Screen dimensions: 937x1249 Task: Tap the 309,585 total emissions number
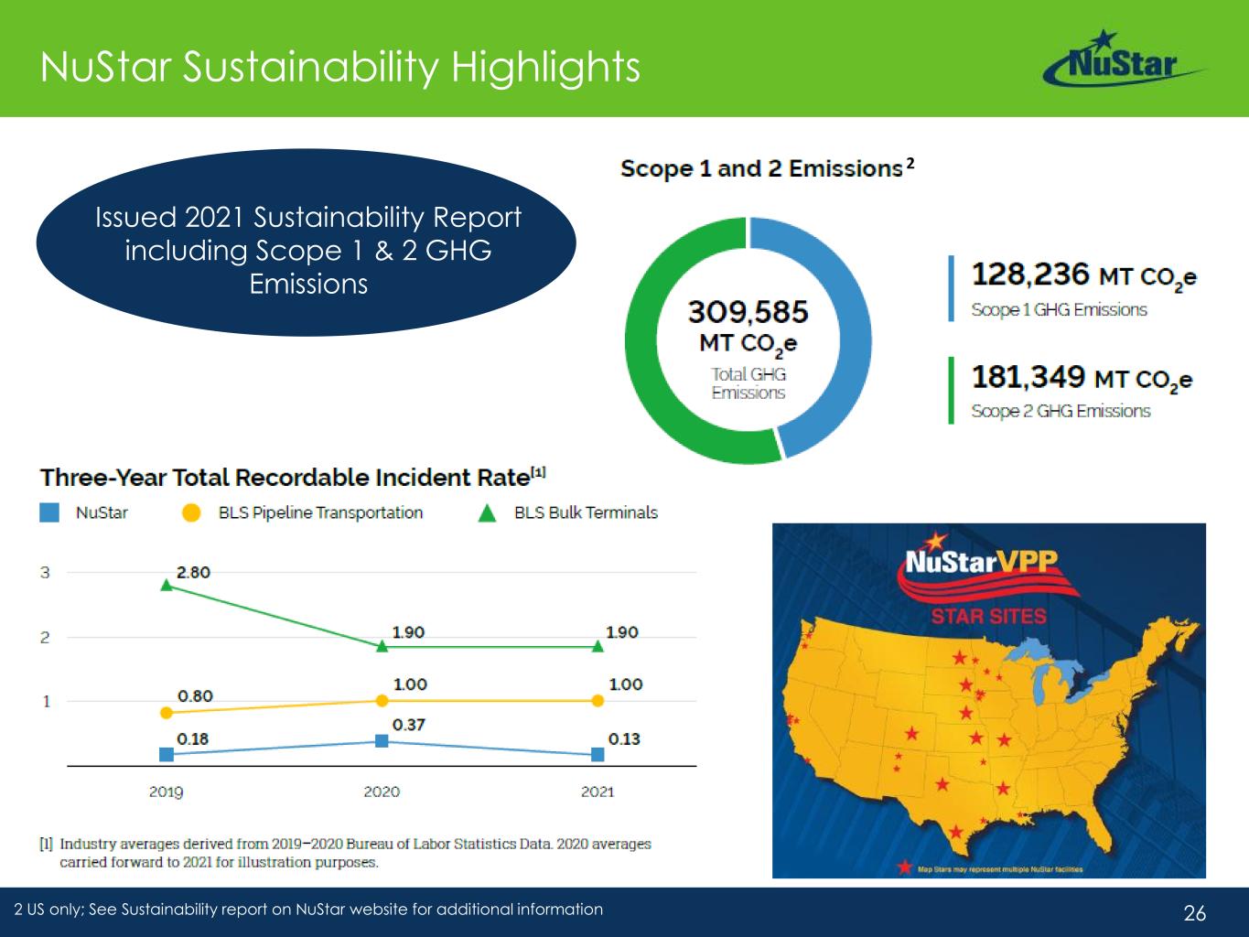748,313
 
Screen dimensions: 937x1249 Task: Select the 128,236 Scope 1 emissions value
1030,275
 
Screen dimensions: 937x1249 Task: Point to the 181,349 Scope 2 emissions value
1028,377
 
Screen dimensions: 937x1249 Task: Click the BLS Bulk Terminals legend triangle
488,513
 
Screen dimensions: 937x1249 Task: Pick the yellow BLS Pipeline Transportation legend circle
191,513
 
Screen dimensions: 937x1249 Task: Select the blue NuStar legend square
49,512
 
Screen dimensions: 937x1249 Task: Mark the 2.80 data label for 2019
193,573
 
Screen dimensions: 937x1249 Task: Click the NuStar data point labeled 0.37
382,740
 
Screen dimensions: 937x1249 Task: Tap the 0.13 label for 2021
624,739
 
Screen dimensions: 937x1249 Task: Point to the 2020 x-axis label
382,792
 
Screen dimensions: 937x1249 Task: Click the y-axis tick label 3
45,573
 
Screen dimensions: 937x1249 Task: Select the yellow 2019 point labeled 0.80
167,712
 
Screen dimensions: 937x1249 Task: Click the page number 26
1195,912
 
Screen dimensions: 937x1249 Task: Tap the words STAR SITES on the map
988,616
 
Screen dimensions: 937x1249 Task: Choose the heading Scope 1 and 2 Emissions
761,169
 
